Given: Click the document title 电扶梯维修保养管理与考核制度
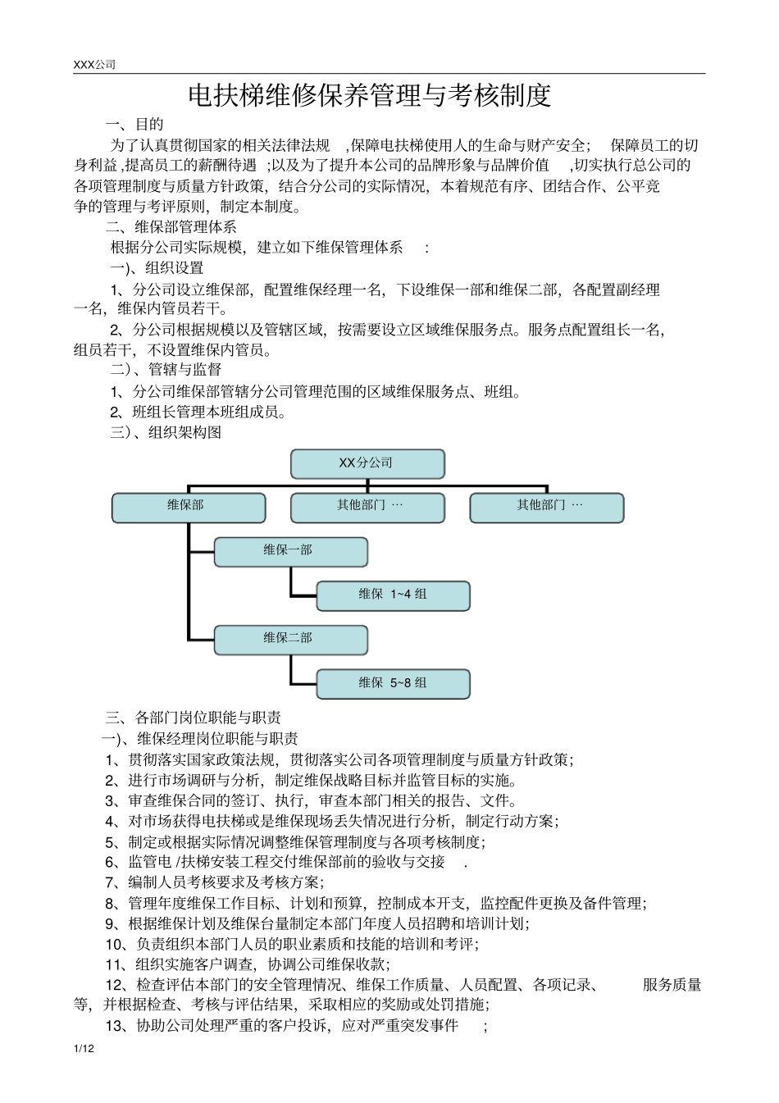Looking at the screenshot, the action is [x=369, y=96].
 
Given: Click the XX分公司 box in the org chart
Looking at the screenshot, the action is [x=367, y=463].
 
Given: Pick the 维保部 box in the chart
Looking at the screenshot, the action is [x=189, y=507].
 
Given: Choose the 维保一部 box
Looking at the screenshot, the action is [x=290, y=551].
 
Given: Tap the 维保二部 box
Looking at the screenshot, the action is [x=290, y=639].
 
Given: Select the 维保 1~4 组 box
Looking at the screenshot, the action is [x=393, y=595].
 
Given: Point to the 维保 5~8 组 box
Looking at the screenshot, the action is [x=393, y=683].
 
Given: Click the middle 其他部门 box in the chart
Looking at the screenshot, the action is [x=367, y=507].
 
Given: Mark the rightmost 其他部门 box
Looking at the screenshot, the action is [x=546, y=507].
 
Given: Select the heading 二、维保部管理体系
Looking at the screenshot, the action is [x=171, y=227].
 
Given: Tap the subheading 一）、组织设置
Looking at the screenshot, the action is [x=157, y=268].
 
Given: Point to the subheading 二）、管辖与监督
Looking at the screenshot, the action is [x=166, y=370].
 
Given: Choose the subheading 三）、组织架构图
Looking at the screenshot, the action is [x=166, y=432].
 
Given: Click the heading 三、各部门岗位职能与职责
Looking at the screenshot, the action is [x=194, y=718].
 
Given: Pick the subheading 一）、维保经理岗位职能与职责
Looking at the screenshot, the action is [x=199, y=738].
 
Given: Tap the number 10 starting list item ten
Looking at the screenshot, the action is [x=115, y=944].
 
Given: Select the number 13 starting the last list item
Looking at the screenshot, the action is [x=115, y=1026].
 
